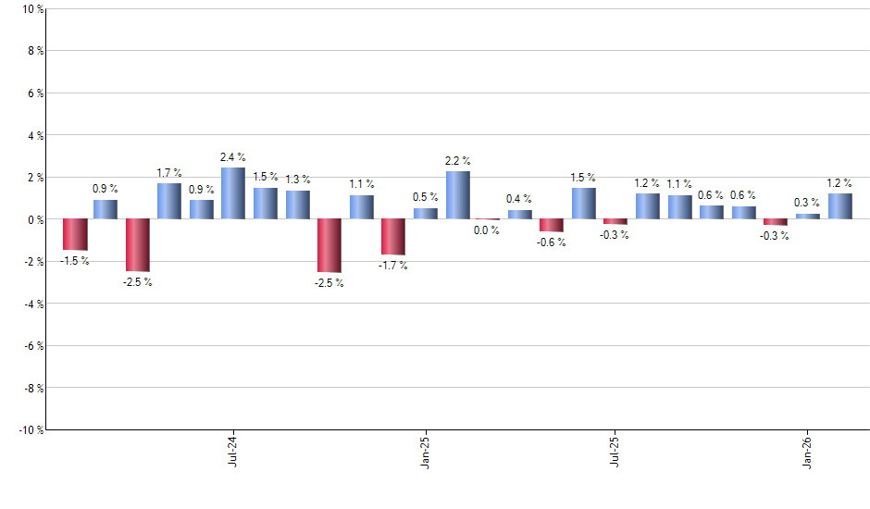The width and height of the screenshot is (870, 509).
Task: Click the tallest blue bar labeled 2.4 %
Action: tap(233, 193)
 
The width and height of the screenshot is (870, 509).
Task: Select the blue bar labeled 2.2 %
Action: tap(457, 195)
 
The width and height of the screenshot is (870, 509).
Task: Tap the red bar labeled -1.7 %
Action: tap(393, 237)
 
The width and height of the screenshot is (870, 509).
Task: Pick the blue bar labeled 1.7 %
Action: tap(169, 201)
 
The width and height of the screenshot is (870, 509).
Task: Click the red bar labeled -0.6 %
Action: tap(552, 225)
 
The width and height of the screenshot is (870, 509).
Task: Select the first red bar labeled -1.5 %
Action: tap(75, 234)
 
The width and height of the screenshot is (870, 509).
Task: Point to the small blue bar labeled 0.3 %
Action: tap(808, 217)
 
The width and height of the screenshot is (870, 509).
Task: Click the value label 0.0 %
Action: tap(487, 230)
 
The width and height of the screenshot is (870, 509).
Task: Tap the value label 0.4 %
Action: tap(519, 199)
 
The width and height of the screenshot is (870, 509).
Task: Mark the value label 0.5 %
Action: tap(425, 197)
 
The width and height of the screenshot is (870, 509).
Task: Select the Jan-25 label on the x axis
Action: tap(425, 451)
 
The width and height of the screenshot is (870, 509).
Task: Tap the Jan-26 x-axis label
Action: tap(808, 451)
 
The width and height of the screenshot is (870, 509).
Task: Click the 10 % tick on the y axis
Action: tap(31, 9)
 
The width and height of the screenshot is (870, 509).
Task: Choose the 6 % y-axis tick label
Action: tap(33, 93)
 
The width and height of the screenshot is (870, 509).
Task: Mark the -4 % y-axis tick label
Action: tap(31, 304)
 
